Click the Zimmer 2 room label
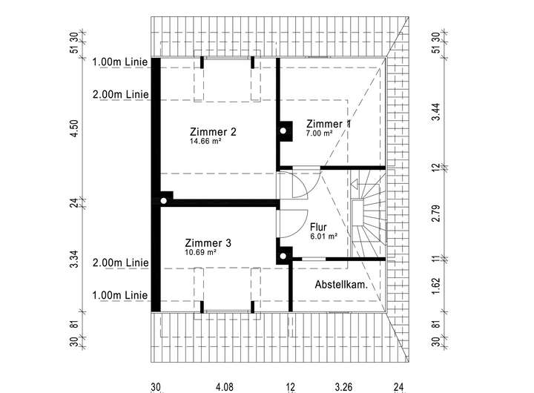213,132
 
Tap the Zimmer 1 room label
329,124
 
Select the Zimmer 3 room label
208,243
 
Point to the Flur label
318,227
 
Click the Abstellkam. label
342,284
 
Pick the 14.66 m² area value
206,141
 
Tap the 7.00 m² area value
319,133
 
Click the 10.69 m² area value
200,252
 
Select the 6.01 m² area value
324,237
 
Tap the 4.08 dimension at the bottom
223,386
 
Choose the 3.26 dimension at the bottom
343,386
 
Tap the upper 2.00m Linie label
120,95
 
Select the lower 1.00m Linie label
120,295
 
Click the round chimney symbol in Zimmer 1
283,131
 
